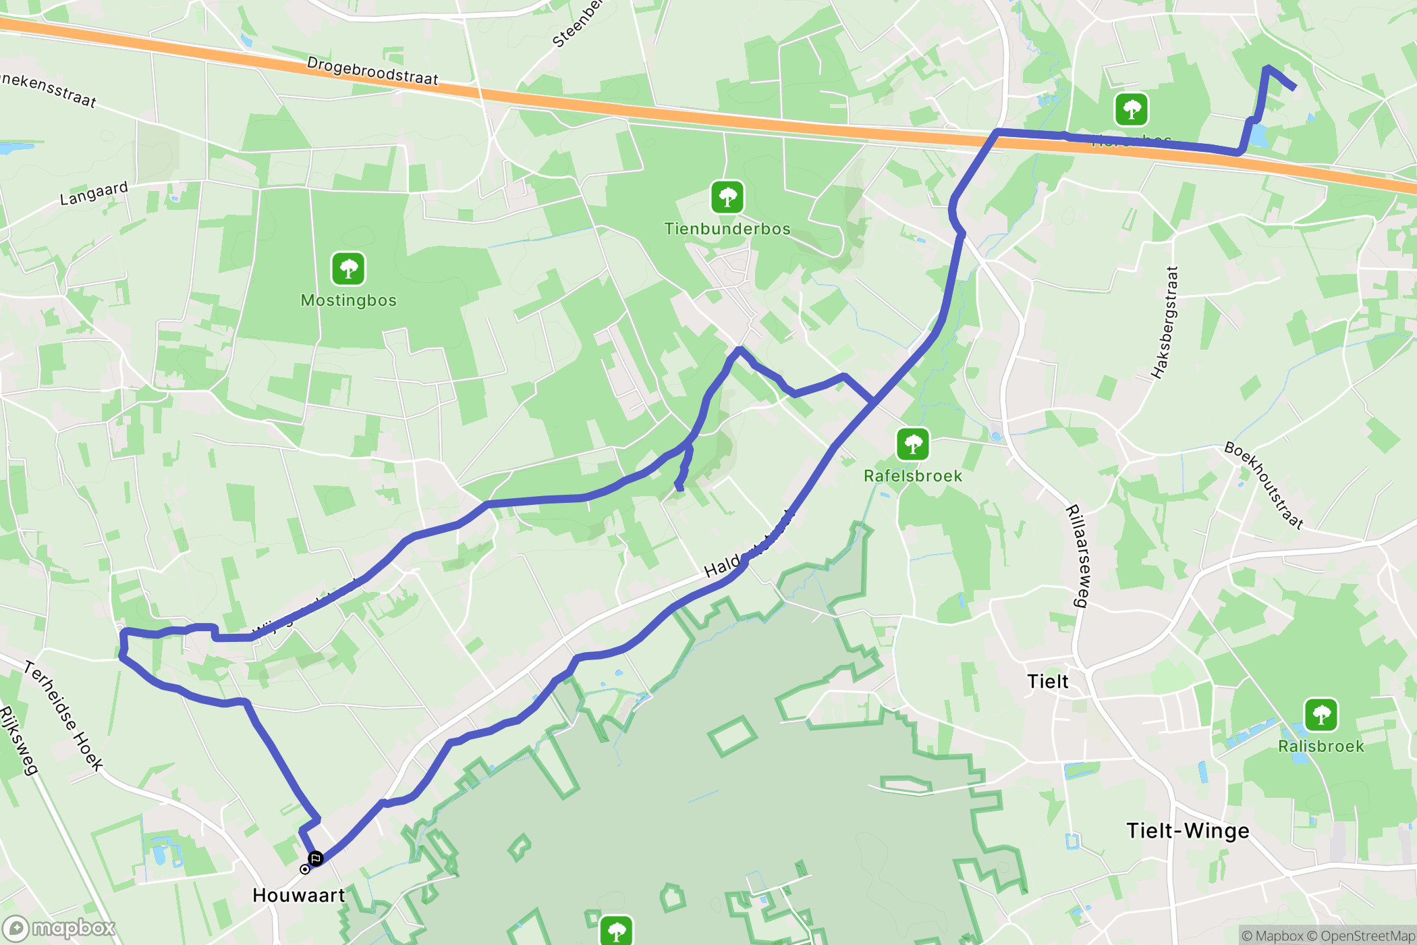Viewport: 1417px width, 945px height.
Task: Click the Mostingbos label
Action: [x=348, y=300]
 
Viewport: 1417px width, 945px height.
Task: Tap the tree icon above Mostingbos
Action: [x=348, y=269]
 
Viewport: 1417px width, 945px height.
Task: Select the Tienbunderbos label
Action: [x=727, y=229]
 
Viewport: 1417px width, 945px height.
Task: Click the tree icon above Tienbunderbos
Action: [x=727, y=197]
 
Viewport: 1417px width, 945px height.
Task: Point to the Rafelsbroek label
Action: [x=912, y=476]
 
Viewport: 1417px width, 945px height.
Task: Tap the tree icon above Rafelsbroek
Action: [x=912, y=444]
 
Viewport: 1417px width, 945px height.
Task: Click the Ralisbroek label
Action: [x=1321, y=746]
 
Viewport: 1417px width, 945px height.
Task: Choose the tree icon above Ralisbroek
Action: [x=1321, y=714]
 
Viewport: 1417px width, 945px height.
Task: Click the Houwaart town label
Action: [x=298, y=895]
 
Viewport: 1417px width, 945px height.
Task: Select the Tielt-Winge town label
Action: [x=1188, y=830]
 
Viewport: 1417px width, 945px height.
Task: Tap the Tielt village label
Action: [x=1047, y=681]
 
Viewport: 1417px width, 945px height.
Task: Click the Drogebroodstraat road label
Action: [x=372, y=71]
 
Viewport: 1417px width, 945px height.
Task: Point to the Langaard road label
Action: [x=94, y=193]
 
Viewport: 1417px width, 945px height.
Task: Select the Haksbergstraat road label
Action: [x=1165, y=323]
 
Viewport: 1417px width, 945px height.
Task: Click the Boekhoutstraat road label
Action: [x=1264, y=485]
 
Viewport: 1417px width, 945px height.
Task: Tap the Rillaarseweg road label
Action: [x=1077, y=556]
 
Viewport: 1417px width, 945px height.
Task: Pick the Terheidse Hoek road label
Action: [x=64, y=715]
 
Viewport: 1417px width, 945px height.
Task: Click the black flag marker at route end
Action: [x=315, y=859]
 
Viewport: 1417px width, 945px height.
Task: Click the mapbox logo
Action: [x=59, y=929]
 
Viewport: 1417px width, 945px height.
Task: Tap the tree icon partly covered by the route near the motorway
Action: [x=1132, y=109]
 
